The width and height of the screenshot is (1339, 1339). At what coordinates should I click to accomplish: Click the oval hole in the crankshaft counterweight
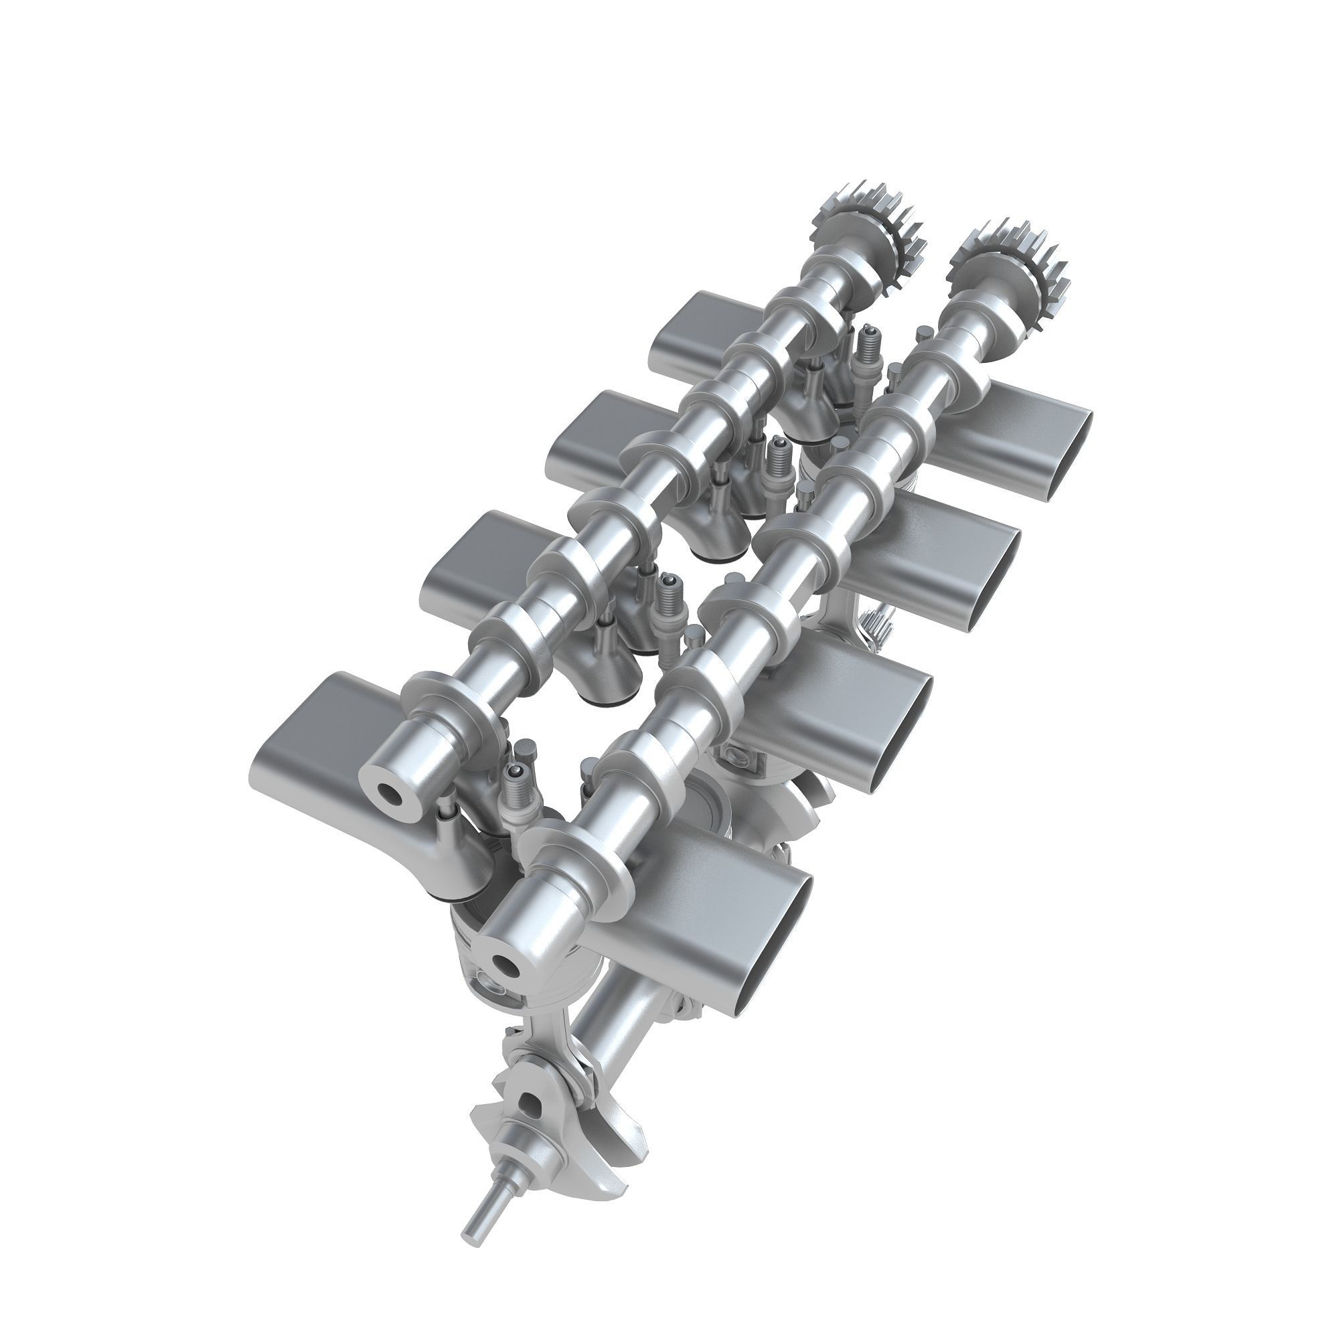click(x=530, y=1102)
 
